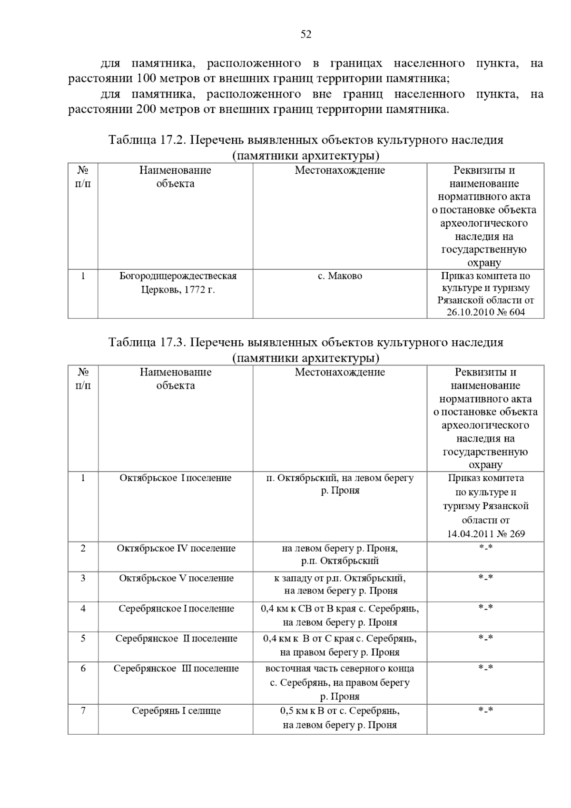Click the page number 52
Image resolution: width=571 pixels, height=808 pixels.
point(306,34)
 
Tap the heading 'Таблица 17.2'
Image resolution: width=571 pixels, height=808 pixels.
point(149,140)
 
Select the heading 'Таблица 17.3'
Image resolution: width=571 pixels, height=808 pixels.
point(149,343)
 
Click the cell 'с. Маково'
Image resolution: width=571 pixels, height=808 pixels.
point(340,276)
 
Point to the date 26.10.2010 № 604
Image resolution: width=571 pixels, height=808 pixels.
point(485,312)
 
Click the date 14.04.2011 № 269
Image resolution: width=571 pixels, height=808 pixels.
point(486,533)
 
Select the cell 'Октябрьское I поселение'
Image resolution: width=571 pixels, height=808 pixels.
point(175,478)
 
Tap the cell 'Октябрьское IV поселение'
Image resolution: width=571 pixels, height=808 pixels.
point(176,548)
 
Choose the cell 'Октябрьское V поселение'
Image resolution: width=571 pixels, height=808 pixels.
point(176,578)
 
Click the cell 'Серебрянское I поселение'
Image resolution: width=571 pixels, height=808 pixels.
point(176,608)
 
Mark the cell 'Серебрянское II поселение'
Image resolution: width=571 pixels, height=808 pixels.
point(176,638)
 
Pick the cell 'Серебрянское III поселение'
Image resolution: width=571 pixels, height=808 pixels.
point(176,668)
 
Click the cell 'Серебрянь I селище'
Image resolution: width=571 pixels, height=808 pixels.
point(176,711)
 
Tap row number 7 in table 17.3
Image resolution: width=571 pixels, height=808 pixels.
point(83,711)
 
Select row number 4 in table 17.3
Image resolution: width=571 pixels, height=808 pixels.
point(83,608)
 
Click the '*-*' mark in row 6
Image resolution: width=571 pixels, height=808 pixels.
point(486,668)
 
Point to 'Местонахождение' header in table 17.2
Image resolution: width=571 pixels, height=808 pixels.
point(340,170)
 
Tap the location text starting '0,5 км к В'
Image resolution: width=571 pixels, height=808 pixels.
point(340,718)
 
